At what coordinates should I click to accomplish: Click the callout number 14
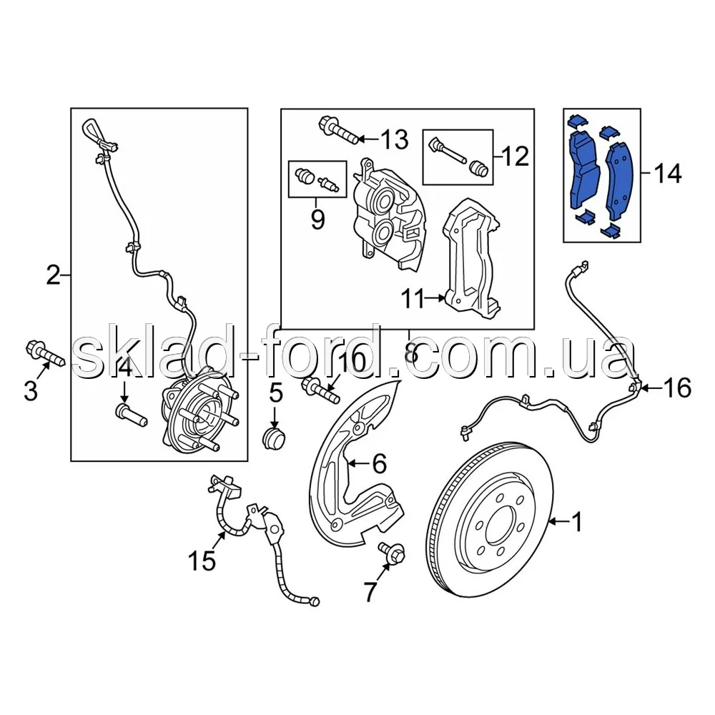668,174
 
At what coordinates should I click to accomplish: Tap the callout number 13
395,139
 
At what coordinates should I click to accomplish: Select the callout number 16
677,388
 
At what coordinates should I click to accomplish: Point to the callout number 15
202,561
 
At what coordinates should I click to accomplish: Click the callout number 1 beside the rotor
577,522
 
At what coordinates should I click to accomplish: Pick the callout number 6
380,464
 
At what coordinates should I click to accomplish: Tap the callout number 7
370,592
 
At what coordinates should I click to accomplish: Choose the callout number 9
318,220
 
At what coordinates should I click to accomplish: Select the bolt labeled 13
339,130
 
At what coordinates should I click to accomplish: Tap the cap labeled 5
275,436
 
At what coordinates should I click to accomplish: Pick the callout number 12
515,157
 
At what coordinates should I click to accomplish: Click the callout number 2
53,276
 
